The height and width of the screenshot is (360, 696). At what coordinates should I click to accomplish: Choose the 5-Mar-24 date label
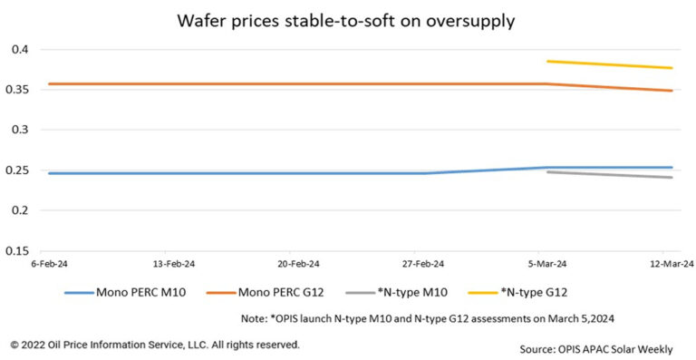point(546,264)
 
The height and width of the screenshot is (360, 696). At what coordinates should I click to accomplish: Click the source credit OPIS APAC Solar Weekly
point(597,348)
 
